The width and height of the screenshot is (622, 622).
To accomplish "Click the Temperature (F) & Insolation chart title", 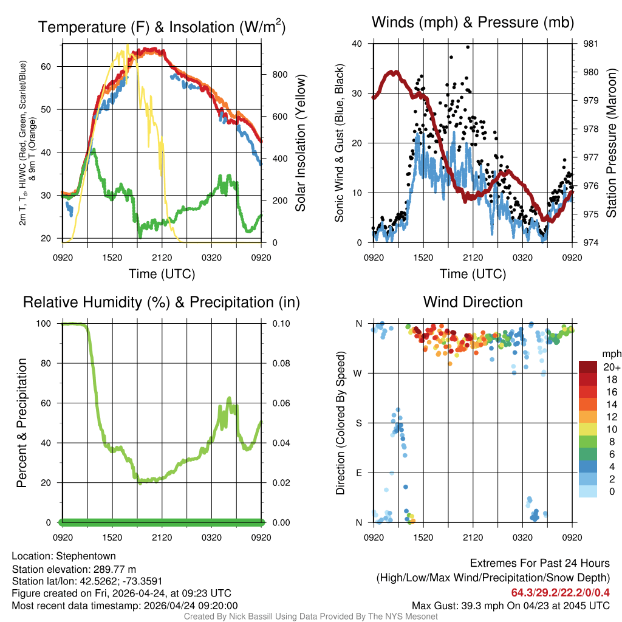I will pos(162,27).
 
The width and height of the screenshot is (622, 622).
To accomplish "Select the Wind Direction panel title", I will pos(473,302).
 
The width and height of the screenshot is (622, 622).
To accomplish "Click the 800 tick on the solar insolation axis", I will pos(271,74).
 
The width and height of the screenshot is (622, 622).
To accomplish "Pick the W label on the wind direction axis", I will pos(359,374).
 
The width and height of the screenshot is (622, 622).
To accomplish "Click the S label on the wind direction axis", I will pos(359,423).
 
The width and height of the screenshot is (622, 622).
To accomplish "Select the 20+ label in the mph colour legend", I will pos(611,367).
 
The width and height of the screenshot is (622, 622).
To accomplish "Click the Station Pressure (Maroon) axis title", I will pos(612,143).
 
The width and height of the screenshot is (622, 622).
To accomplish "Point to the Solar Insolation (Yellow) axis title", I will pos(300,143).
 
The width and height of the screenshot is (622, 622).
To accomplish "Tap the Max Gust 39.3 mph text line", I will pos(511,606).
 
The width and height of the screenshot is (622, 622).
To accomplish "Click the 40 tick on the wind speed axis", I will pos(357,44).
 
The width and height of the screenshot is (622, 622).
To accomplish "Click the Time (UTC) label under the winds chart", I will pos(473,274).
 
